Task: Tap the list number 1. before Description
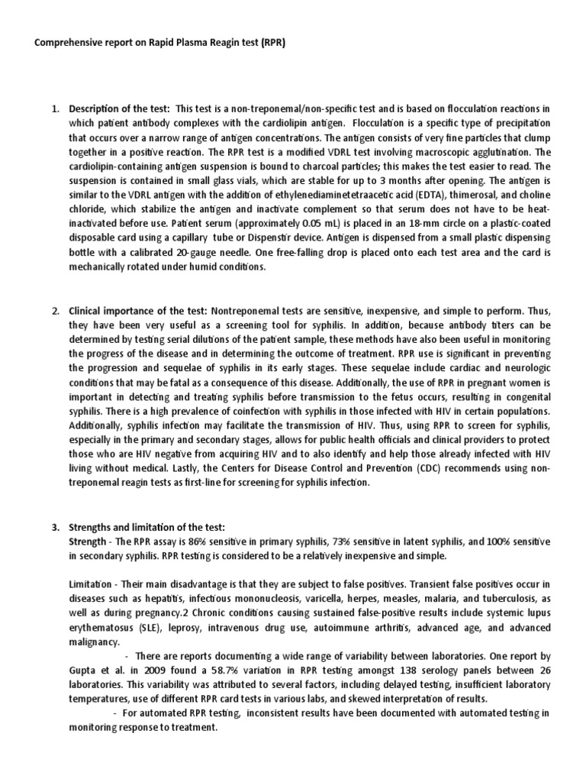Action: [56, 108]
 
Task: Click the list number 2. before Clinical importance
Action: [56, 312]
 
